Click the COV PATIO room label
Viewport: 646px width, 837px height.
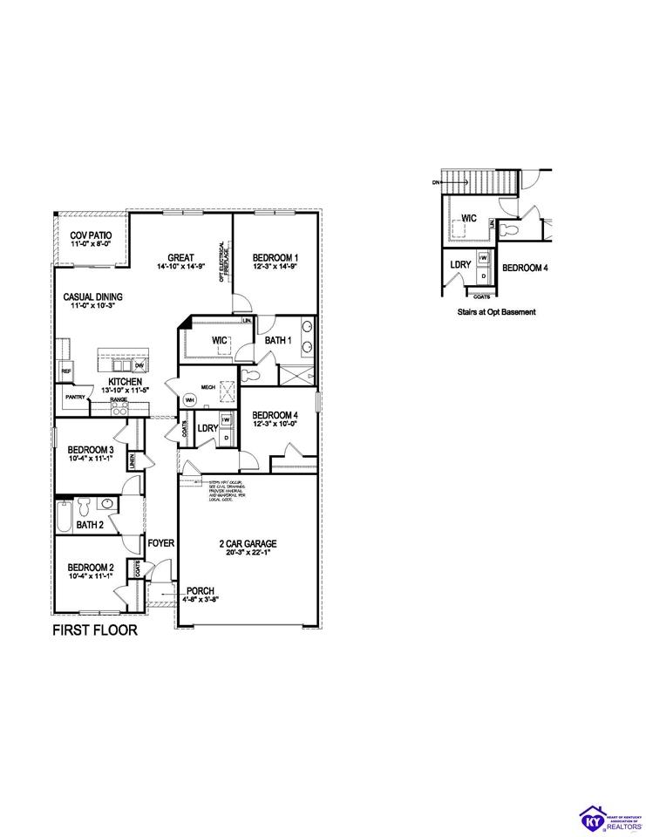(x=92, y=235)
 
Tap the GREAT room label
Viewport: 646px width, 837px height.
(x=180, y=257)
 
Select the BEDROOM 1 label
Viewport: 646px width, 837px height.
(x=275, y=257)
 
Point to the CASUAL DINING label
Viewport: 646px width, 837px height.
(x=92, y=297)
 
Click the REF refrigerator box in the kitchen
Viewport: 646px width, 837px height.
(x=65, y=371)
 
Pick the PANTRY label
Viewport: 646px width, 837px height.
(x=74, y=397)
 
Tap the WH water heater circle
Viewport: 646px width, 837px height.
(x=188, y=401)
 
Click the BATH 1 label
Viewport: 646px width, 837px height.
(x=277, y=341)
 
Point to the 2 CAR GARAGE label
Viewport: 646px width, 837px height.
(x=244, y=543)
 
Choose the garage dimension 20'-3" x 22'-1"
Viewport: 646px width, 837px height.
(x=244, y=553)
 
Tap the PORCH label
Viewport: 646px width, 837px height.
(x=200, y=590)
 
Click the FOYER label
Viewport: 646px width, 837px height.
(x=161, y=543)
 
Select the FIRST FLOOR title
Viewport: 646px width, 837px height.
(x=95, y=630)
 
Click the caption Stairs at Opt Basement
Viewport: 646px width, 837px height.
(x=496, y=311)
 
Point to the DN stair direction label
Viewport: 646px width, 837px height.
(x=436, y=183)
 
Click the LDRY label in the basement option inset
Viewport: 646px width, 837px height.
(x=460, y=264)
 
